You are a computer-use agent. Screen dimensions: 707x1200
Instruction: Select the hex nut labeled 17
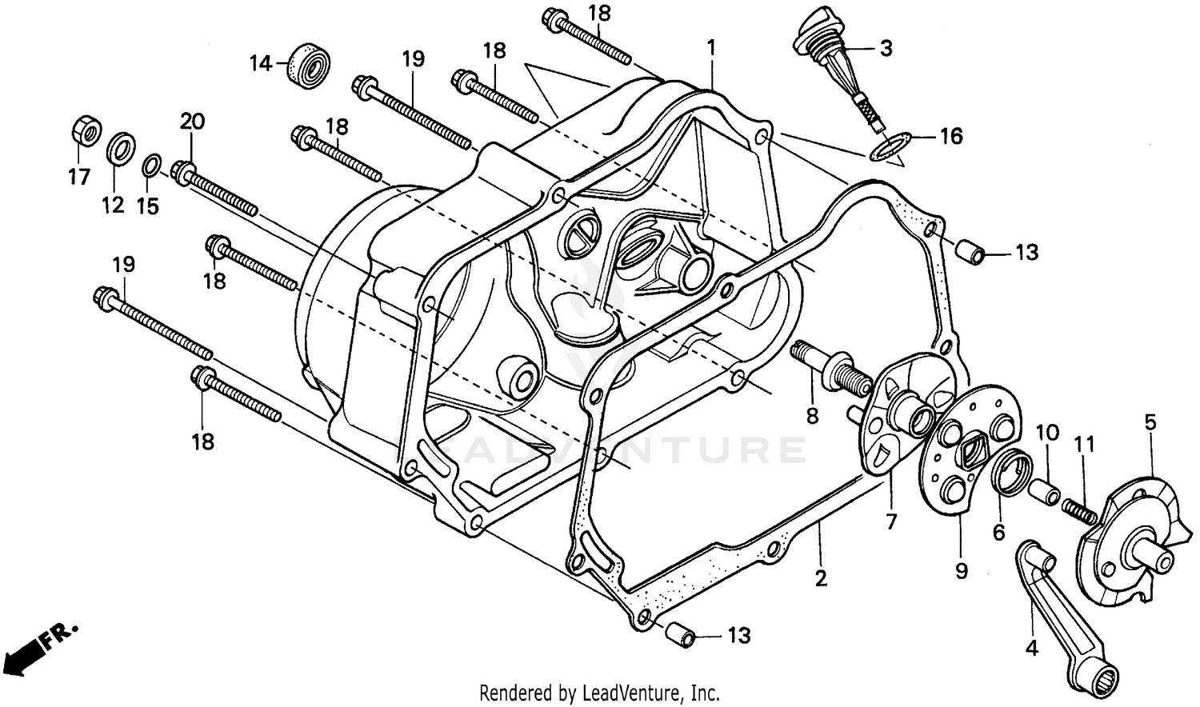[86, 131]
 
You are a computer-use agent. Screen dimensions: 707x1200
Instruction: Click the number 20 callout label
[192, 122]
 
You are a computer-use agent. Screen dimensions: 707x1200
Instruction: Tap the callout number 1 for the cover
[710, 48]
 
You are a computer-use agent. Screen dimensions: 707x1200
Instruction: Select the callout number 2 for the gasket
[821, 578]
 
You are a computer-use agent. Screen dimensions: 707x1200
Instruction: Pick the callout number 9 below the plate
[961, 570]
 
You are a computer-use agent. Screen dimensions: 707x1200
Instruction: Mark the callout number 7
[891, 521]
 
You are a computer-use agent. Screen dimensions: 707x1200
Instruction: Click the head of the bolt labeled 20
[183, 170]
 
